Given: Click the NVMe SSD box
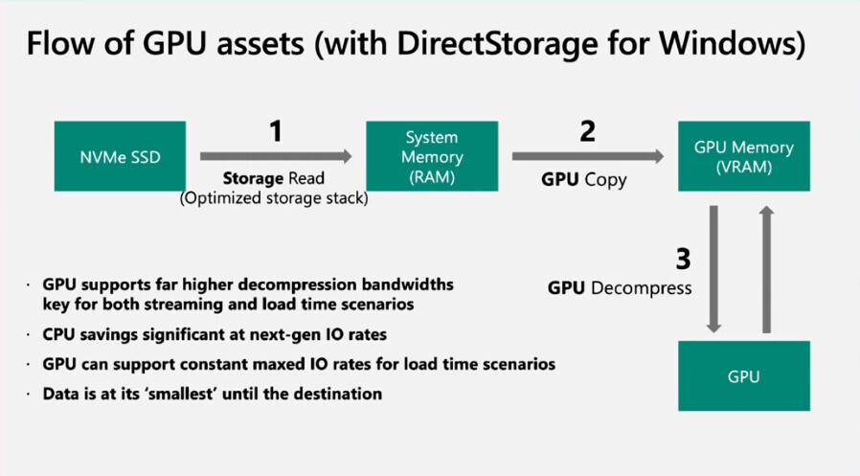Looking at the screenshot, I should coord(120,156).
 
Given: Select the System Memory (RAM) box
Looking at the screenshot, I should coord(432,156).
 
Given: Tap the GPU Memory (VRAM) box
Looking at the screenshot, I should coord(744,156).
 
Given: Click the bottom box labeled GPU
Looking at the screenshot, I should coord(744,375).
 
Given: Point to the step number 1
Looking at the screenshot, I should coord(276,130).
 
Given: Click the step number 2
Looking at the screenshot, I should coord(586,130).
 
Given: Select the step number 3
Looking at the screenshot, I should coord(681,258).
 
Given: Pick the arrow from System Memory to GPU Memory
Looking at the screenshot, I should coord(587,156).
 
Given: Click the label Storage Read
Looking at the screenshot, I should coord(274,178).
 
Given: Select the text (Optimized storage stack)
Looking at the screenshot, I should coord(274,198).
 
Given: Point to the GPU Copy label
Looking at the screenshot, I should coord(584,178).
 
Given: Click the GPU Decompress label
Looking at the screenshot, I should coord(620,287).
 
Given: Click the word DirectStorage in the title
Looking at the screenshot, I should coord(518,44).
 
